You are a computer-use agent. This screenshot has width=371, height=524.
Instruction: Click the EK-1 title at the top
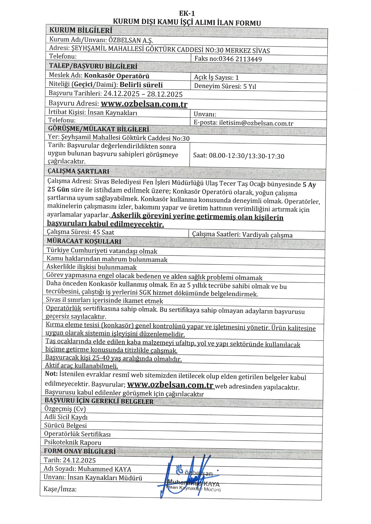[187, 13]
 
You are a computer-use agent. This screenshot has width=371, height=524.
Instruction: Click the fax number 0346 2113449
[240, 59]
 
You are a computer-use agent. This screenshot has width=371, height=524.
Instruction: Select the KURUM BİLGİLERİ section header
[81, 30]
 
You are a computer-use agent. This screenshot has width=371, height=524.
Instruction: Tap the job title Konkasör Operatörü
[117, 76]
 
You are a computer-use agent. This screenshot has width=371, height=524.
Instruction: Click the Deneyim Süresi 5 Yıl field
[225, 86]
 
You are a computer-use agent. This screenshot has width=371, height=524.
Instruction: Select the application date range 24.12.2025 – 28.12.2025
[143, 94]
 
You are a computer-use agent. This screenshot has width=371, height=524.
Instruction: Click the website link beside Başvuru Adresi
[144, 104]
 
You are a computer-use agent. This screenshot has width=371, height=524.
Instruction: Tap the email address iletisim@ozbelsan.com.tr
[256, 123]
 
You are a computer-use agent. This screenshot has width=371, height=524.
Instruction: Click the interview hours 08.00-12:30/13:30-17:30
[246, 156]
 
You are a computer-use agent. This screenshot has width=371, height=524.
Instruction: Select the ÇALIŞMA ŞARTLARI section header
[78, 171]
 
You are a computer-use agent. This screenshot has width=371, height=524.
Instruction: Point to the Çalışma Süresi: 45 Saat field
[81, 232]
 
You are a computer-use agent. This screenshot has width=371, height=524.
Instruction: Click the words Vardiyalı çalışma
[267, 235]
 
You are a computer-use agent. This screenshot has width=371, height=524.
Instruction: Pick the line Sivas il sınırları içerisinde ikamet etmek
[104, 300]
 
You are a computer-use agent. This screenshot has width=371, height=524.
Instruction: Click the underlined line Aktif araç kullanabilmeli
[81, 366]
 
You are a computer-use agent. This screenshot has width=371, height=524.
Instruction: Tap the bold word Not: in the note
[51, 374]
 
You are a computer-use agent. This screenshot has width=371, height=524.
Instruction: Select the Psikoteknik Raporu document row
[73, 442]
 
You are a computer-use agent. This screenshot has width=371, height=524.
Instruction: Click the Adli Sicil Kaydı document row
[66, 417]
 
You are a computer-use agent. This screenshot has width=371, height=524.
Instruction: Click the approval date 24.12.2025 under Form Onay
[79, 460]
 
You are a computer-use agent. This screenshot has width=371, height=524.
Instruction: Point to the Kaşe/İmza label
[60, 489]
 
